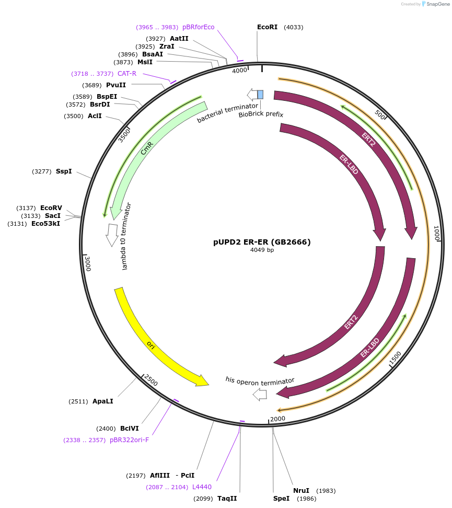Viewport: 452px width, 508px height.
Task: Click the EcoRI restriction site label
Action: (267, 27)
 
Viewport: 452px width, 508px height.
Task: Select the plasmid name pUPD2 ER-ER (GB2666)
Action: (262, 242)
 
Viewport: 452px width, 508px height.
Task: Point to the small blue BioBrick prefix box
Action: (260, 95)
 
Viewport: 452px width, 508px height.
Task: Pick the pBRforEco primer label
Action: (198, 27)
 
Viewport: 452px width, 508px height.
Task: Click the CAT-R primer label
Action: (126, 74)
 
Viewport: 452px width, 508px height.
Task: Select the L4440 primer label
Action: (202, 487)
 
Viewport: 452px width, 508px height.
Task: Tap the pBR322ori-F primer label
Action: (129, 440)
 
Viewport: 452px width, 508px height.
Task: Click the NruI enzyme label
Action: (301, 491)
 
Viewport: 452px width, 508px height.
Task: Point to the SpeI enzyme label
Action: (281, 499)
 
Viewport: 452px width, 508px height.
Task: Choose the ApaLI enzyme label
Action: (102, 401)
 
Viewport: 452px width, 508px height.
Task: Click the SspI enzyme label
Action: (64, 171)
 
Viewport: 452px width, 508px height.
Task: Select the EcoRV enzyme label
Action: (51, 208)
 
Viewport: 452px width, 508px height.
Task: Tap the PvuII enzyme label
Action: (115, 85)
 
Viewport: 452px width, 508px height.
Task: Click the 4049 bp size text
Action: (262, 250)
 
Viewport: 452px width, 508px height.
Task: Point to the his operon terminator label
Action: (260, 380)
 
